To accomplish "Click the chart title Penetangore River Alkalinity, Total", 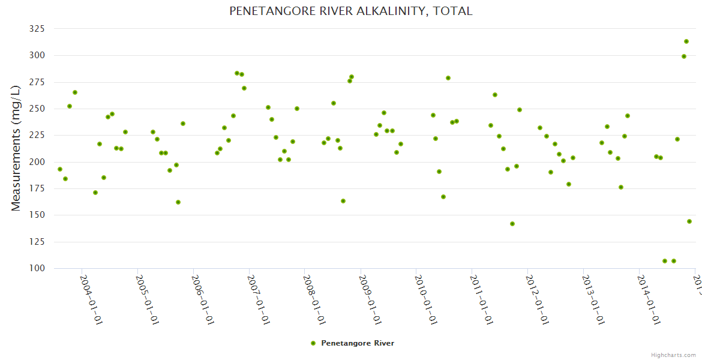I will click(x=351, y=11).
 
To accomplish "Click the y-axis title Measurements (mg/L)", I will click(x=16, y=148).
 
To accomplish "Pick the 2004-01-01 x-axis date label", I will click(x=91, y=300).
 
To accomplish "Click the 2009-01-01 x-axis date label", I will click(x=370, y=300).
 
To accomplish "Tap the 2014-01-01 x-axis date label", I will click(x=649, y=300).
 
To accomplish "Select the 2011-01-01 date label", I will click(x=482, y=300).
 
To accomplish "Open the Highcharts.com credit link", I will click(x=673, y=355).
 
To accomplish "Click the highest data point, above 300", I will click(x=686, y=41).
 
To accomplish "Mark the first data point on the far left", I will click(x=60, y=169).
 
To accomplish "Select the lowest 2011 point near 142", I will click(x=512, y=224).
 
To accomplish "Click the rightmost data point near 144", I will click(x=689, y=221).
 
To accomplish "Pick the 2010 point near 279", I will click(x=448, y=78).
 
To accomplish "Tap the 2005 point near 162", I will click(x=178, y=202).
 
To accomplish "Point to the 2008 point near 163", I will click(x=343, y=201).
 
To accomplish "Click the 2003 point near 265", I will click(x=75, y=92).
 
